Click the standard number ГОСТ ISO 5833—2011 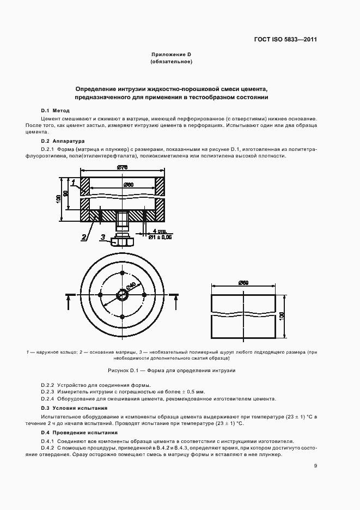click(285, 40)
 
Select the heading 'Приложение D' click(171, 54)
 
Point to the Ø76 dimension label click(122, 168)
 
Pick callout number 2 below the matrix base click(84, 237)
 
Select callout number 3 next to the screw click(102, 237)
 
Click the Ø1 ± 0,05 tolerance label click(160, 237)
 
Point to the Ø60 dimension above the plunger click(243, 282)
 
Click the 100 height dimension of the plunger click(282, 316)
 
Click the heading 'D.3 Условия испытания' click(74, 408)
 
